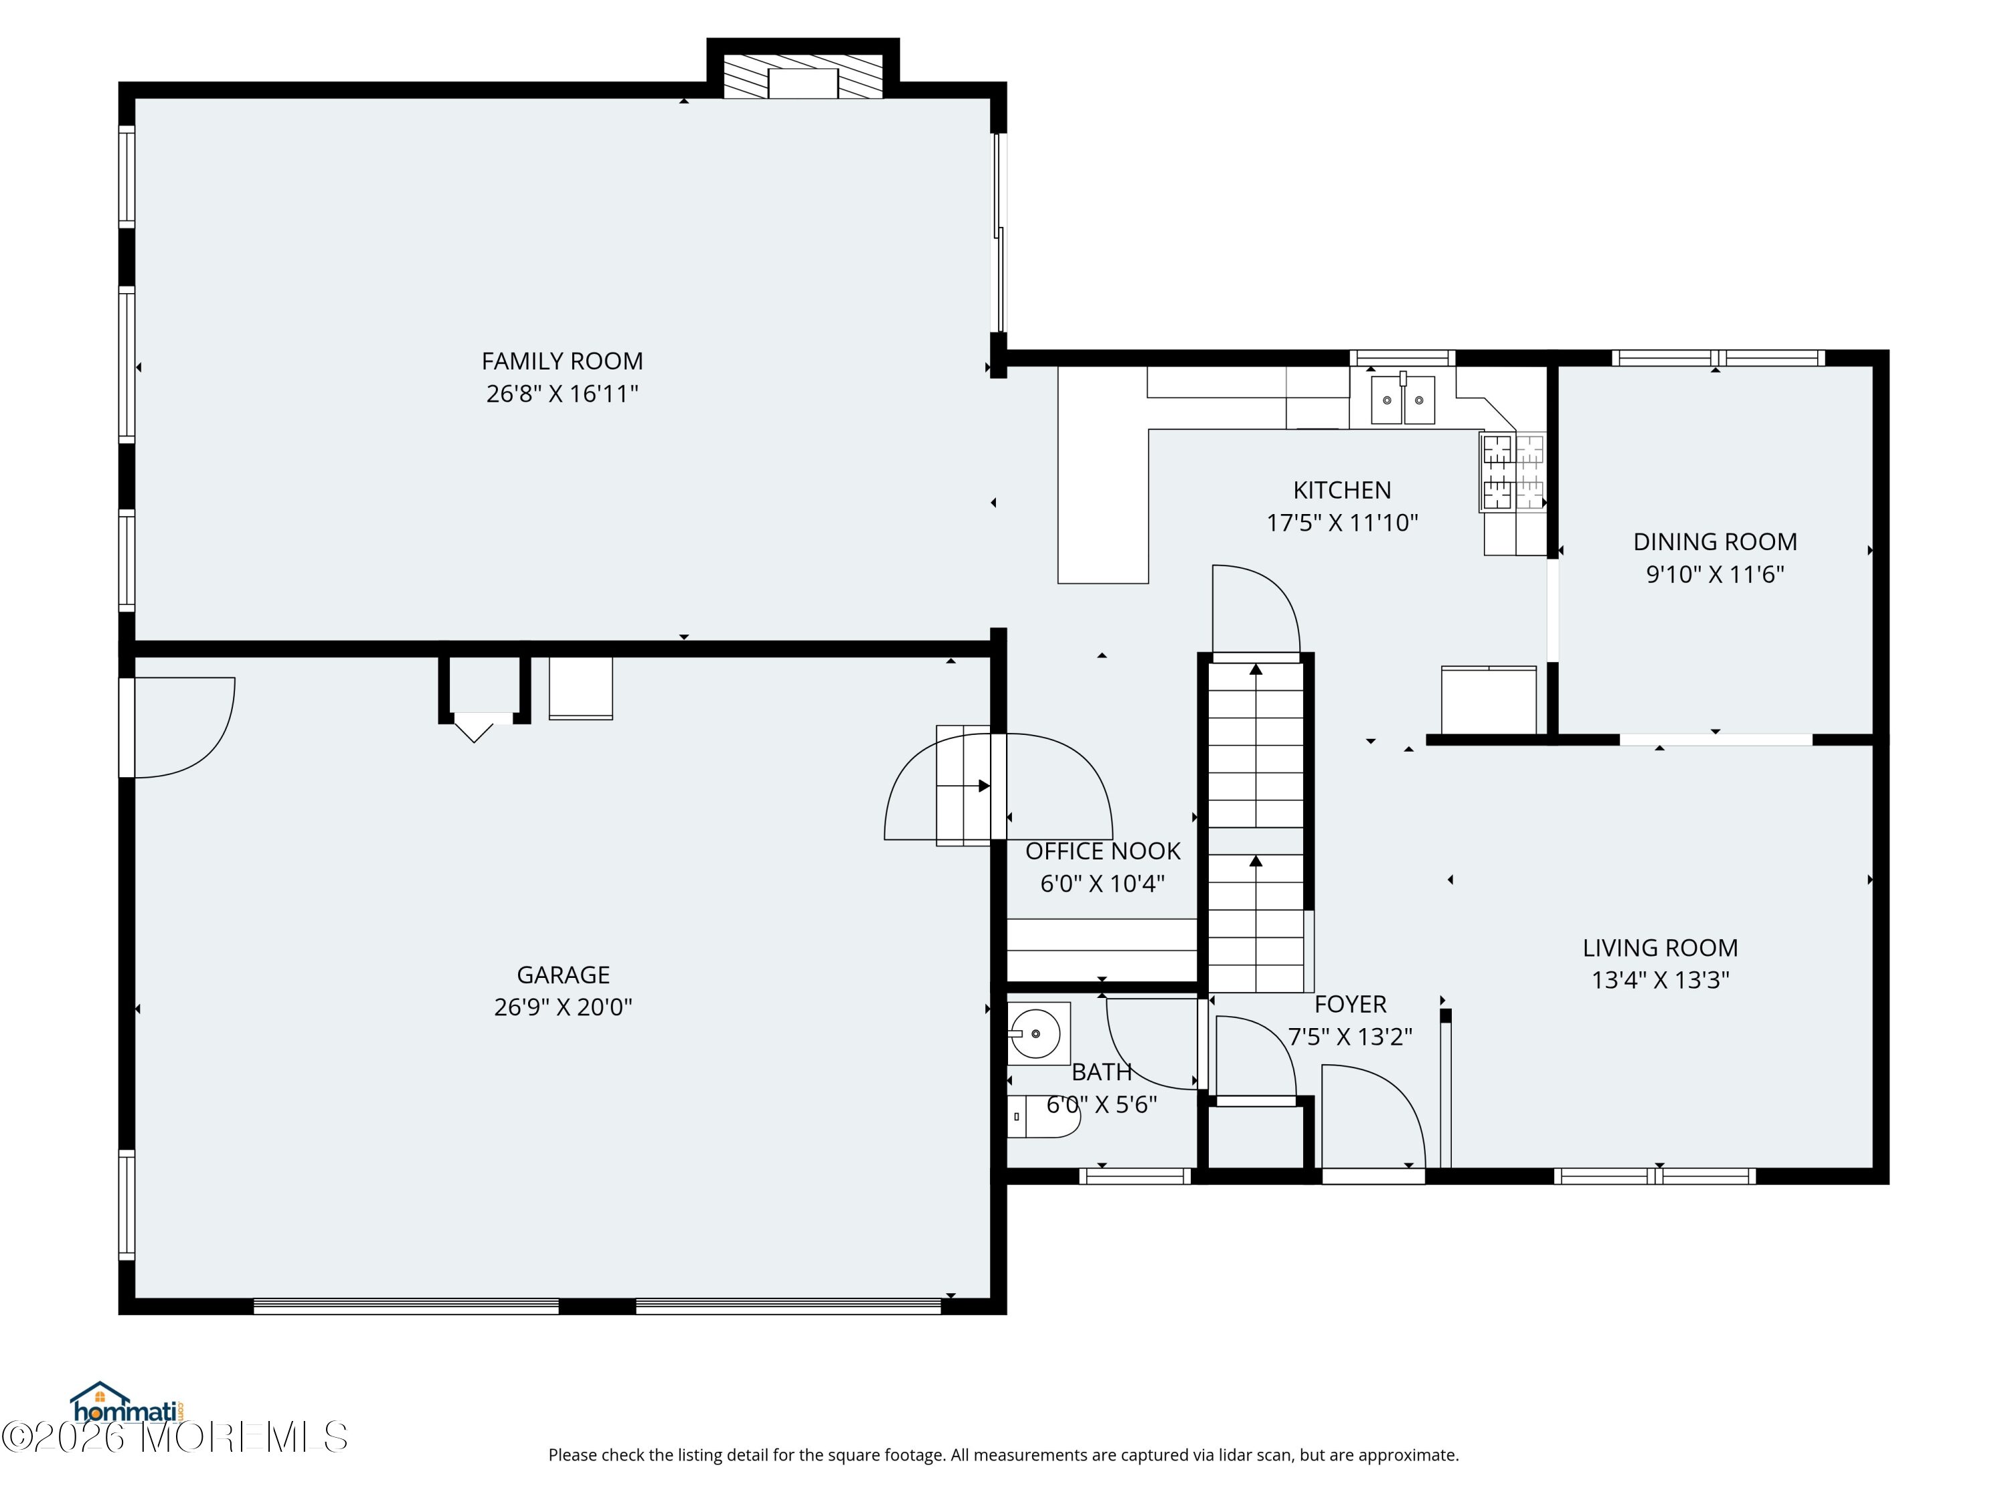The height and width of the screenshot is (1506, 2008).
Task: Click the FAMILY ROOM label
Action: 562,361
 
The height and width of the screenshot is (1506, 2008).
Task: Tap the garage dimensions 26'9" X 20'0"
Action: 563,1007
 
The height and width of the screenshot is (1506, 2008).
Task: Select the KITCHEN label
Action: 1342,490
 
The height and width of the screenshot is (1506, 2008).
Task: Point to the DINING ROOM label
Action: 1715,542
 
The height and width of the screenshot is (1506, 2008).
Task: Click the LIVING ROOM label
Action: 1661,948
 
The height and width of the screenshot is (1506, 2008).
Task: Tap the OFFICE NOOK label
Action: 1103,851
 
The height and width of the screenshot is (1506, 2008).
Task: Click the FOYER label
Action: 1351,1005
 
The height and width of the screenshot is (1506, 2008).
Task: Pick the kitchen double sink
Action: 1402,400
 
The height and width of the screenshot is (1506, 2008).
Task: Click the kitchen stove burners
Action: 1512,472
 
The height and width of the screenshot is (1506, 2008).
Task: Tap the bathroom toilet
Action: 1044,1116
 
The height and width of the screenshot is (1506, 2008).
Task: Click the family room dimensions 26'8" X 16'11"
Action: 563,394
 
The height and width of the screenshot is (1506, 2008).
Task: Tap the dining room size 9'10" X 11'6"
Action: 1716,574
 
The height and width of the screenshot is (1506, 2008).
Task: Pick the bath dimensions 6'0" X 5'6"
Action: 1102,1105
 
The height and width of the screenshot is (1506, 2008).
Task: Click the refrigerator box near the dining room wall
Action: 1489,700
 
